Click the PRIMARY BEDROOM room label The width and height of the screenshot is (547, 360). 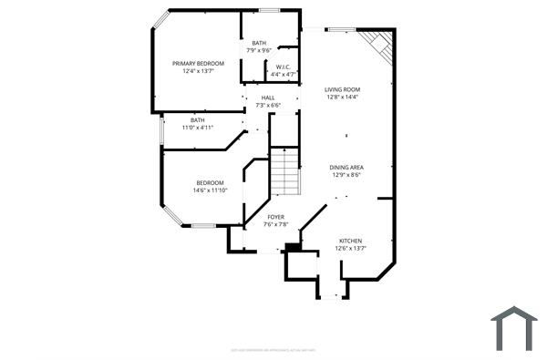pyautogui.click(x=198, y=63)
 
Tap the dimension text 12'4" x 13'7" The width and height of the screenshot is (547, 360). pyautogui.click(x=198, y=71)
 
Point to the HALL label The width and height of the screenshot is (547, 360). pyautogui.click(x=268, y=98)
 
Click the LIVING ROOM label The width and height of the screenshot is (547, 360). pyautogui.click(x=343, y=88)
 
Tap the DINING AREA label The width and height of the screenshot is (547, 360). pyautogui.click(x=346, y=168)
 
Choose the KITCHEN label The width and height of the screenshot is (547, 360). pyautogui.click(x=350, y=240)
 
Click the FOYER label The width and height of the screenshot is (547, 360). pyautogui.click(x=275, y=217)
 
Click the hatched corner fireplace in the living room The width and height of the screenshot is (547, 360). pyautogui.click(x=378, y=46)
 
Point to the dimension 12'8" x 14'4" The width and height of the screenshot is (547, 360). pyautogui.click(x=343, y=97)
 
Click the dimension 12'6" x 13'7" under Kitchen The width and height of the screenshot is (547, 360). pyautogui.click(x=350, y=248)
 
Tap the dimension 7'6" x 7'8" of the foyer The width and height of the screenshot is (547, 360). pyautogui.click(x=275, y=224)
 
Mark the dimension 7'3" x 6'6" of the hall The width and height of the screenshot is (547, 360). pyautogui.click(x=268, y=106)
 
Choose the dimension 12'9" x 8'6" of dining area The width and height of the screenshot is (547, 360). pyautogui.click(x=346, y=176)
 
